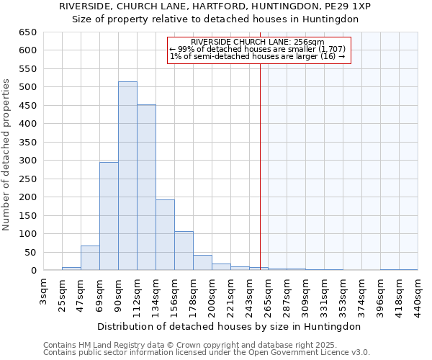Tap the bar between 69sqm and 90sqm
109,216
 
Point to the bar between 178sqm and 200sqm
202,263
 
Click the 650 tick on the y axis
27,32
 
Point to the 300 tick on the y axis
27,161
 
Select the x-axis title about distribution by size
230,326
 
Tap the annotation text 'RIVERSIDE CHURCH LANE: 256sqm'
258,42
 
